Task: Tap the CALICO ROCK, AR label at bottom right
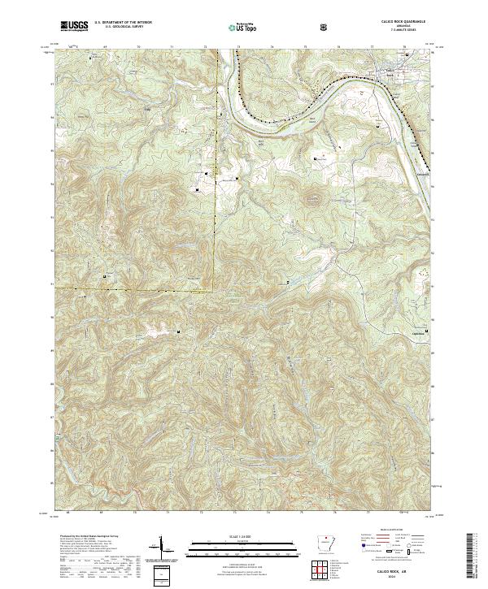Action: click(x=403, y=570)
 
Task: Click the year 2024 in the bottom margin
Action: click(x=403, y=576)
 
